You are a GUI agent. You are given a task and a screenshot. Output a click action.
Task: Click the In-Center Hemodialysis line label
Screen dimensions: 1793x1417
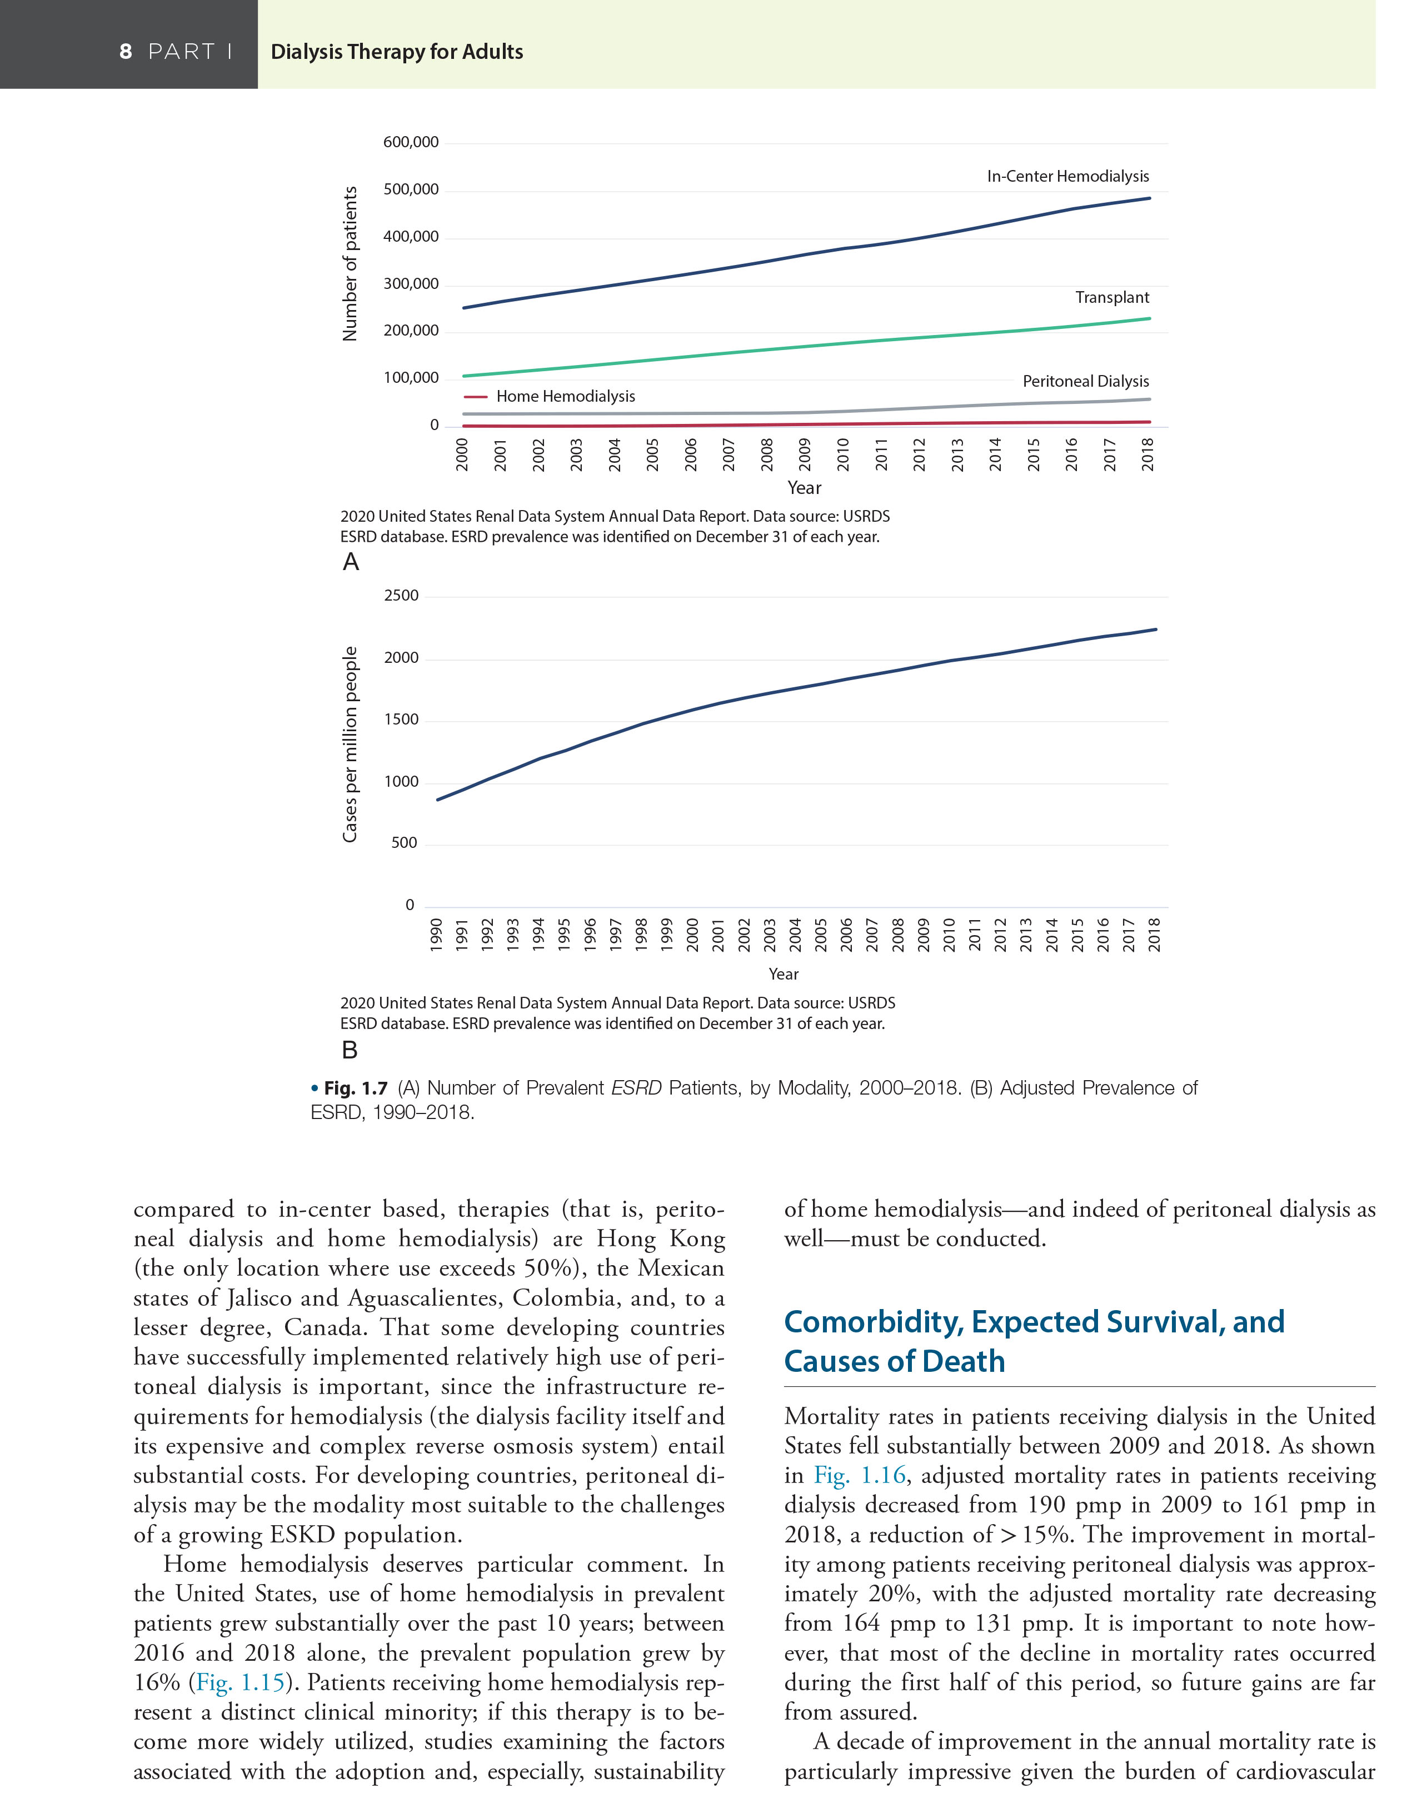tap(1067, 177)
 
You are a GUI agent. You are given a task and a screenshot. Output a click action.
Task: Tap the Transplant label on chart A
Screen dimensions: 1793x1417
tap(1112, 298)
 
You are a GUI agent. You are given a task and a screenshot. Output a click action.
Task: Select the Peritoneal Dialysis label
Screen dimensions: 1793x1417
tap(1085, 382)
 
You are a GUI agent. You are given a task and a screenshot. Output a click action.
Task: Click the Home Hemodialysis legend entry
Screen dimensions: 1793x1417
tap(565, 396)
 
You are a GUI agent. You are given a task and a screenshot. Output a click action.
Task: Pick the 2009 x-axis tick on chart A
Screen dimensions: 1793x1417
tap(804, 455)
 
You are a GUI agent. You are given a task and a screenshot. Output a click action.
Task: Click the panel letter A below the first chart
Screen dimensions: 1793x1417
tap(351, 562)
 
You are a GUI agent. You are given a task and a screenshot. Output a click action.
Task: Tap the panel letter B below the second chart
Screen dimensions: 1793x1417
tap(350, 1050)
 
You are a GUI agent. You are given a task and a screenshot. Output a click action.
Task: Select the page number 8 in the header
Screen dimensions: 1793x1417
tap(125, 52)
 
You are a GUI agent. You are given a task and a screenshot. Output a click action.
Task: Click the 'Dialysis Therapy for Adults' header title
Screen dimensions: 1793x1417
tap(397, 52)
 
